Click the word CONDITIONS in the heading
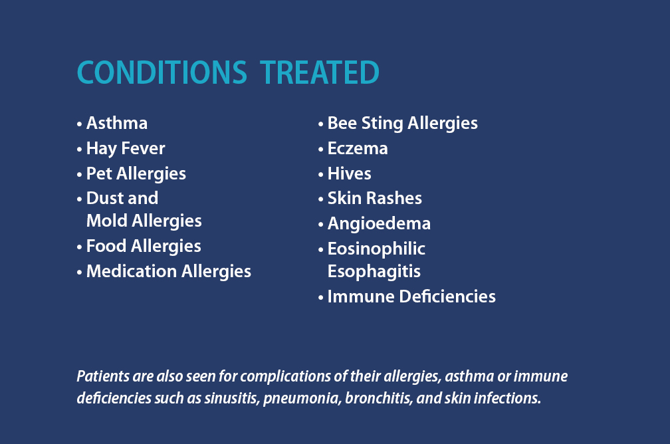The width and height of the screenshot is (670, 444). [x=162, y=72]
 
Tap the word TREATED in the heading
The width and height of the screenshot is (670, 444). [x=320, y=72]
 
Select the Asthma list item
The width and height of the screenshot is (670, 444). [x=117, y=123]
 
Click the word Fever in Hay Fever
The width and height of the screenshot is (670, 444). [x=143, y=148]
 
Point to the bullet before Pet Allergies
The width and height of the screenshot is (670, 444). [x=80, y=174]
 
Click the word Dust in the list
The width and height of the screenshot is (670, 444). [x=105, y=198]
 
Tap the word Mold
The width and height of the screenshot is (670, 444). [x=107, y=221]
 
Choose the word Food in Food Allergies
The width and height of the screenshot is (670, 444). [x=106, y=246]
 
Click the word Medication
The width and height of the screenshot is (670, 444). [x=132, y=271]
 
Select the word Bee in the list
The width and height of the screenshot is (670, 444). [x=342, y=123]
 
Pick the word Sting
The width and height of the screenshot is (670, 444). [x=382, y=124]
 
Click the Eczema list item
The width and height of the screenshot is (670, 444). [x=358, y=148]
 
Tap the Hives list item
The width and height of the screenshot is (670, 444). [x=349, y=173]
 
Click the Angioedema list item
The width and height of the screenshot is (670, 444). [x=379, y=224]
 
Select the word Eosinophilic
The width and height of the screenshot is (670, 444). [x=376, y=249]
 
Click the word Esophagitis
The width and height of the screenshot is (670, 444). [x=374, y=272]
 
